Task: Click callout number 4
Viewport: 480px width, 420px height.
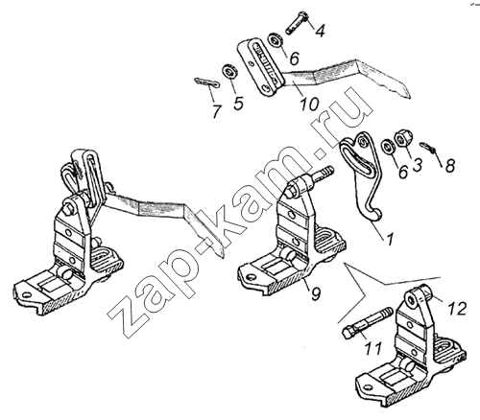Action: [319, 31]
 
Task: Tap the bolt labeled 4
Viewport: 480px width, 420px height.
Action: [297, 23]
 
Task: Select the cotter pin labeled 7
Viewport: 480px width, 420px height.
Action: [207, 83]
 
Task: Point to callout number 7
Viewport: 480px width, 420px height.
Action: [217, 111]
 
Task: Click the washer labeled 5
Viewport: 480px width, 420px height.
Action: [228, 72]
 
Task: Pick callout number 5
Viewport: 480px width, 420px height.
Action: [238, 104]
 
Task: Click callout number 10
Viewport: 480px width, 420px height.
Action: [309, 104]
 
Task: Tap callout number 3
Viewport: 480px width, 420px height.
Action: [418, 164]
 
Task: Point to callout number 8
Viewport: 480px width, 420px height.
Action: [450, 166]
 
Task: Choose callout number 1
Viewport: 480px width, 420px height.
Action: [390, 240]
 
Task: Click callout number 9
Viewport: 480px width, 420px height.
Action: [315, 293]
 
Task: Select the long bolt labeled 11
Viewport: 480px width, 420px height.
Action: [368, 323]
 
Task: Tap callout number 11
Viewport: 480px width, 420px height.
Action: [373, 348]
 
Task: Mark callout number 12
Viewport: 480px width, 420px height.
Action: [457, 309]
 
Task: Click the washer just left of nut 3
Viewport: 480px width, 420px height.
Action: [388, 147]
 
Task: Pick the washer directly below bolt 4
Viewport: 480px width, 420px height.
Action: [275, 40]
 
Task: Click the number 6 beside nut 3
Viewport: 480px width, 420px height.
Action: [403, 172]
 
